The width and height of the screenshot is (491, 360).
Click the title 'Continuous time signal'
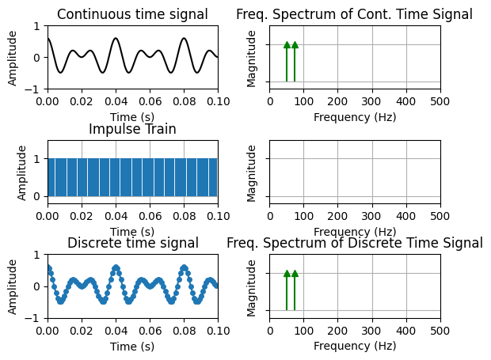tap(132, 14)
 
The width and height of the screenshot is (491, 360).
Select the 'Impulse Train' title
tap(132, 129)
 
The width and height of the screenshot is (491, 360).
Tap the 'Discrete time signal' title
tap(132, 243)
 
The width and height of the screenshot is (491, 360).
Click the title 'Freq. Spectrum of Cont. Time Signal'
tap(354, 14)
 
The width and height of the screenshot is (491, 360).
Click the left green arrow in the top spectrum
tap(287, 62)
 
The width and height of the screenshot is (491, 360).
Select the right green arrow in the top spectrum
tap(295, 62)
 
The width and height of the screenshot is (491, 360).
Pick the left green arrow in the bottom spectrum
tap(287, 290)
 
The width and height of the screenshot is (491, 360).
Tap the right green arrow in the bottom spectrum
tap(295, 290)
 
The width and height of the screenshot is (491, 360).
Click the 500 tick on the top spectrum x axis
tap(440, 101)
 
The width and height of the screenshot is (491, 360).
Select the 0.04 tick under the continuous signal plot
tap(116, 101)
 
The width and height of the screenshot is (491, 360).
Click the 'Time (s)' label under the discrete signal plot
tap(132, 346)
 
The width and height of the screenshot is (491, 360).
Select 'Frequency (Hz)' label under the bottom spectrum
tap(354, 346)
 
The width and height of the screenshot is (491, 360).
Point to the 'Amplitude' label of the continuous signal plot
tap(13, 57)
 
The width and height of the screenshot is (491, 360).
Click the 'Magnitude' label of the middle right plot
tap(252, 172)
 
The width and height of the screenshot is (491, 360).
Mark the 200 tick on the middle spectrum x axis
tap(338, 216)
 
